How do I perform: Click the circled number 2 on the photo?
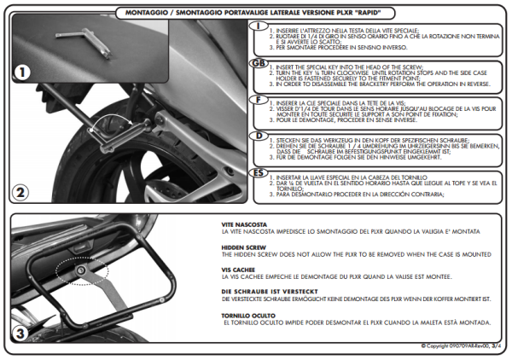pyautogui.click(x=23, y=192)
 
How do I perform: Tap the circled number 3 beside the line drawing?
pyautogui.click(x=23, y=332)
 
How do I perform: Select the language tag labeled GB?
pyautogui.click(x=258, y=64)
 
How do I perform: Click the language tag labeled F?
pyautogui.click(x=258, y=99)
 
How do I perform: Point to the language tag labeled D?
pyautogui.click(x=258, y=135)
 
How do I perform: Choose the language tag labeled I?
pyautogui.click(x=258, y=26)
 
